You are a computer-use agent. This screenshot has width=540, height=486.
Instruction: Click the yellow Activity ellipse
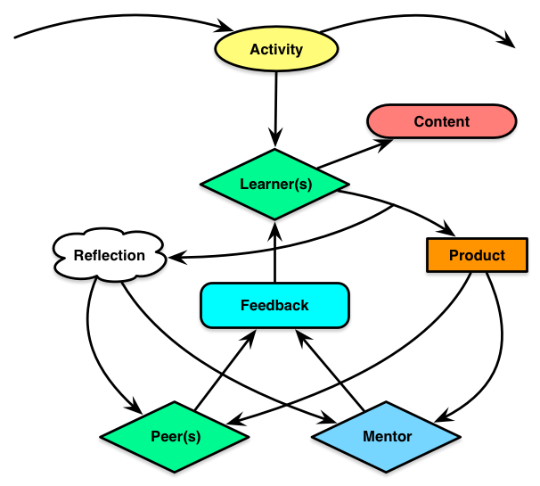coord(275,49)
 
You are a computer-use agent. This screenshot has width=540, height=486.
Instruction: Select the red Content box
coord(441,121)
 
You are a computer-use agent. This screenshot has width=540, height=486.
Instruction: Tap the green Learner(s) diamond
coord(274,185)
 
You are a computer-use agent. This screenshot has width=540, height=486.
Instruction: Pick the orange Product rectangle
coord(477,255)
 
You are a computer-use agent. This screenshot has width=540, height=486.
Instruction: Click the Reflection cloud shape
coord(110,256)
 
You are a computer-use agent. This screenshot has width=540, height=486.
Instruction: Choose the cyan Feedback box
coord(274,305)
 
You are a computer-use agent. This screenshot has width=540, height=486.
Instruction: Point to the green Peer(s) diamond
coord(174,437)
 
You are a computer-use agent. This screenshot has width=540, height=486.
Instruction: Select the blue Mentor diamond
coord(387,437)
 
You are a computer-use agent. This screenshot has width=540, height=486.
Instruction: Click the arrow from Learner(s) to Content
coord(352,153)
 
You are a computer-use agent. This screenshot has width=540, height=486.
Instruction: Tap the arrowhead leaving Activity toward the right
coord(508,40)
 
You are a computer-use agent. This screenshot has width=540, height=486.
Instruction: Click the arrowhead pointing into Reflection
coord(176,259)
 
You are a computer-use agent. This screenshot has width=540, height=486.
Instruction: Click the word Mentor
coord(387,437)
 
